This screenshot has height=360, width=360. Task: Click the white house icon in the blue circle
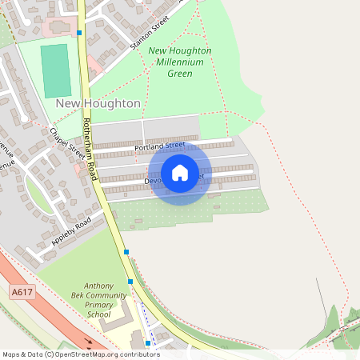click(180, 173)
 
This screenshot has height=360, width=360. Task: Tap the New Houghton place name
click(98, 104)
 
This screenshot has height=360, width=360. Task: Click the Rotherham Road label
click(90, 149)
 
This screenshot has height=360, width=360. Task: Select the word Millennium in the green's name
click(180, 62)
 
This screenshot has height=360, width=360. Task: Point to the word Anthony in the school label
click(98, 286)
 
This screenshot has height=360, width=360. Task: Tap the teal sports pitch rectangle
click(56, 71)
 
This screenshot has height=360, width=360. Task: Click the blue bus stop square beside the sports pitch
click(79, 33)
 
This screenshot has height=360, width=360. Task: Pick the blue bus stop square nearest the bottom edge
click(147, 343)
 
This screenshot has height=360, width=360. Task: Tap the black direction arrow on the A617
click(90, 340)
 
